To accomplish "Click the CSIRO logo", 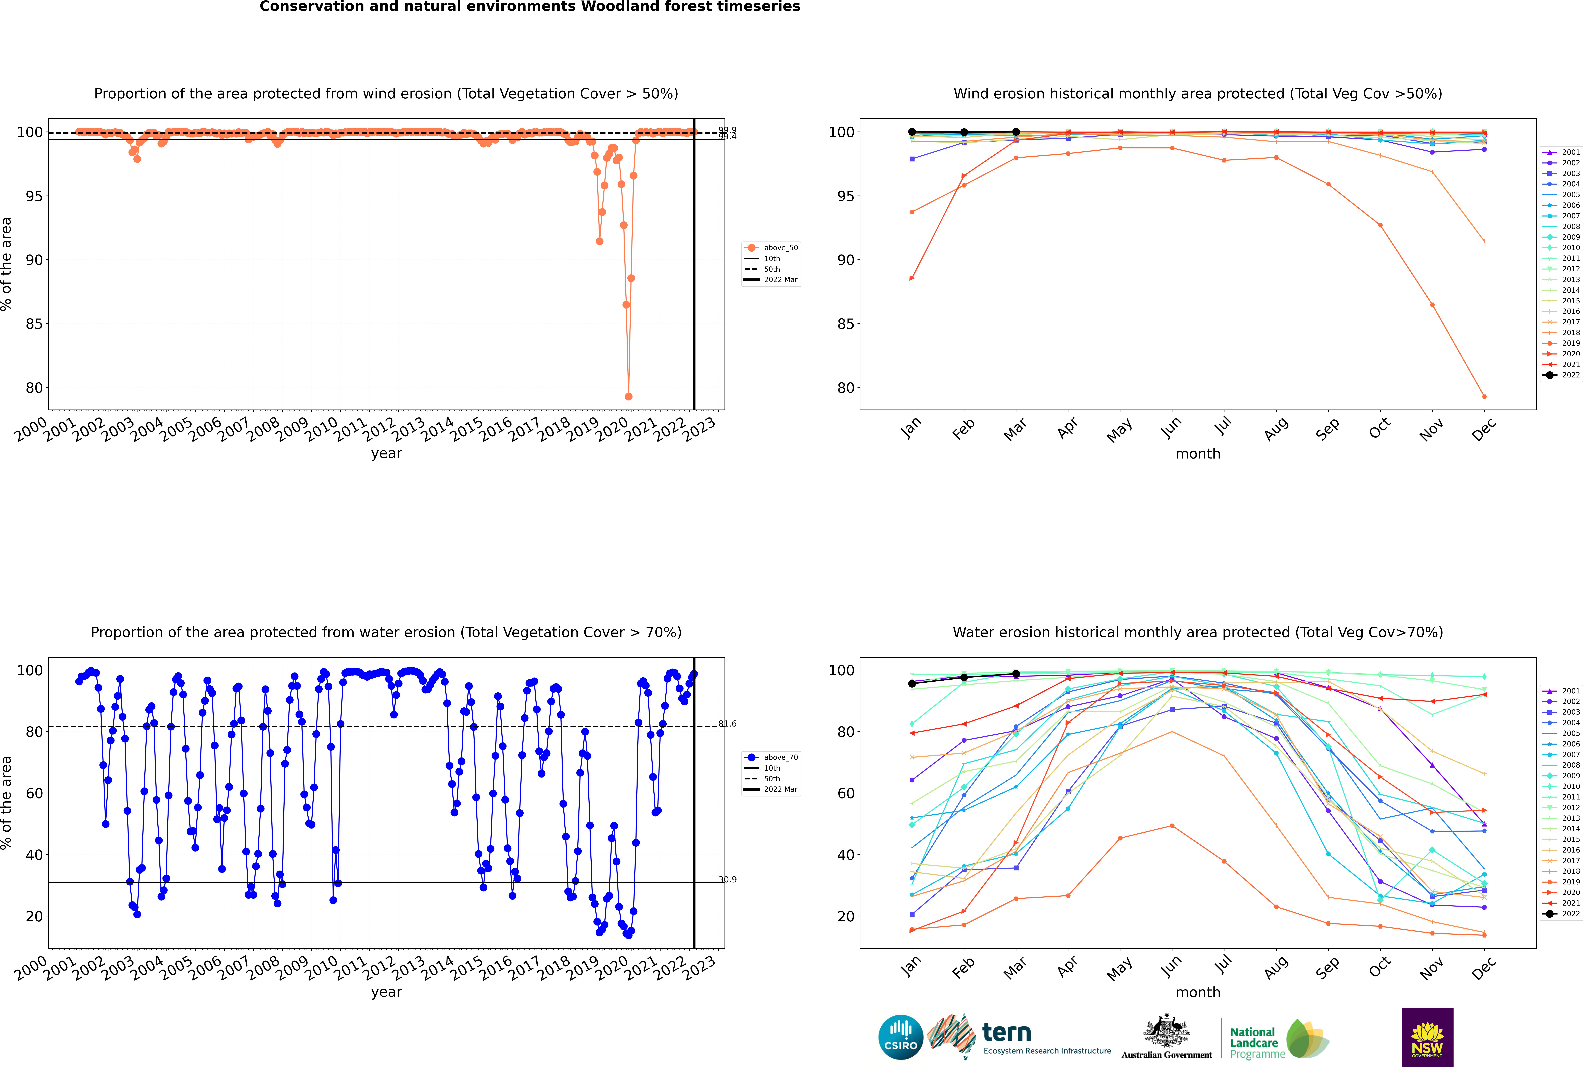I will [900, 1037].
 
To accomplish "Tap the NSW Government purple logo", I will [1427, 1036].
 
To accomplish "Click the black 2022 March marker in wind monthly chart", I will [1016, 132].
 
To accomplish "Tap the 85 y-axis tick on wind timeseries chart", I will [34, 324].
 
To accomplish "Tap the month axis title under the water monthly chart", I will [1198, 992].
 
